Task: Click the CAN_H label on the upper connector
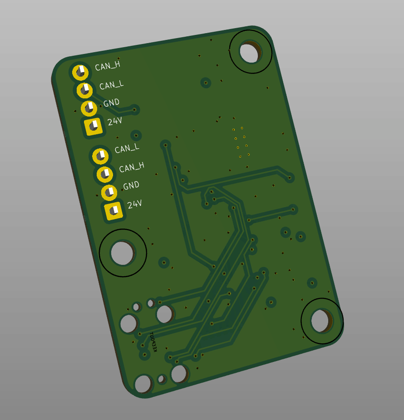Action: pos(108,66)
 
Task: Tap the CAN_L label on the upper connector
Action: pos(111,85)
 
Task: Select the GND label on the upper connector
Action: pos(111,103)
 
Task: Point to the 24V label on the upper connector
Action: pos(115,122)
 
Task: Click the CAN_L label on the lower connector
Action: pos(127,148)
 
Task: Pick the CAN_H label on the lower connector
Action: pos(131,167)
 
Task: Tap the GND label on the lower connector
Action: pos(131,186)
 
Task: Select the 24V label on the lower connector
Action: pos(135,205)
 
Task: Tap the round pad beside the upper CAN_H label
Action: pos(80,72)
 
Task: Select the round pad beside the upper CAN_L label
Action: pos(84,90)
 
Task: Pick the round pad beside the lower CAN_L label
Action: pos(100,156)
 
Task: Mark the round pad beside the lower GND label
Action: pos(109,192)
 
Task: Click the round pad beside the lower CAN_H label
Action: pos(104,174)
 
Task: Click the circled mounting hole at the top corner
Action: pos(250,52)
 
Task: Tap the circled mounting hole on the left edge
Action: pos(122,253)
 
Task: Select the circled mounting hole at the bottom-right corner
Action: pos(321,321)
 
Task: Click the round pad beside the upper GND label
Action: pos(89,108)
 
